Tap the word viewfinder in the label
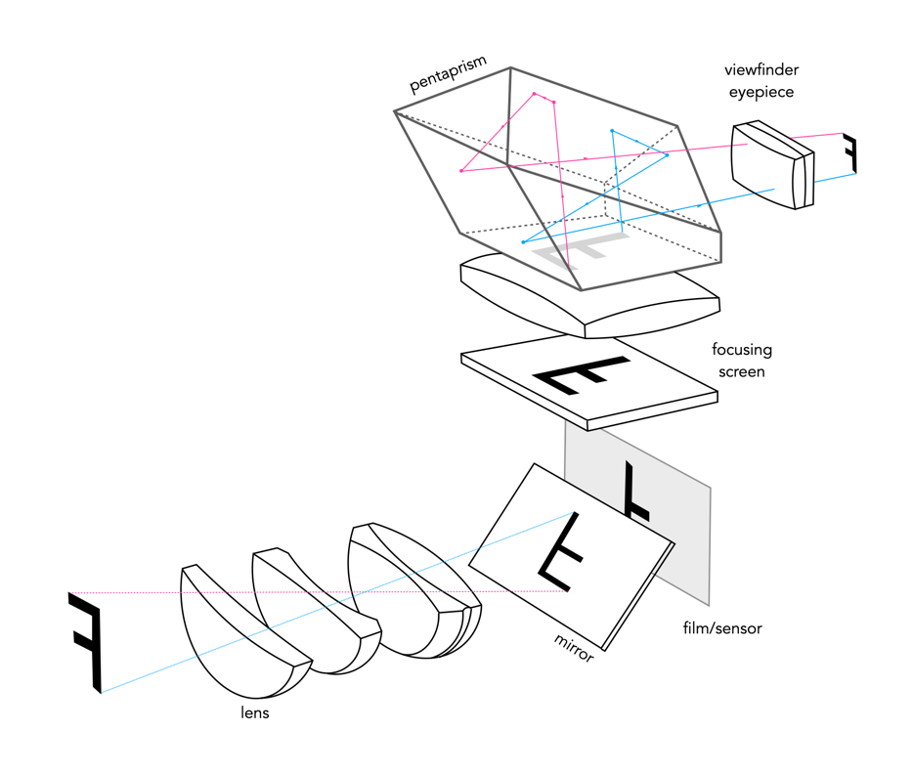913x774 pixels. click(761, 70)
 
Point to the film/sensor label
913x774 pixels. click(722, 627)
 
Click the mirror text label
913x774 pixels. click(574, 647)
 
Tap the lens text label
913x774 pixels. click(254, 712)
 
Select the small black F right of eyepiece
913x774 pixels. click(850, 154)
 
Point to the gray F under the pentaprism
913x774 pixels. click(583, 248)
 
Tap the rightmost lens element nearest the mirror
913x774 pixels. click(415, 586)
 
